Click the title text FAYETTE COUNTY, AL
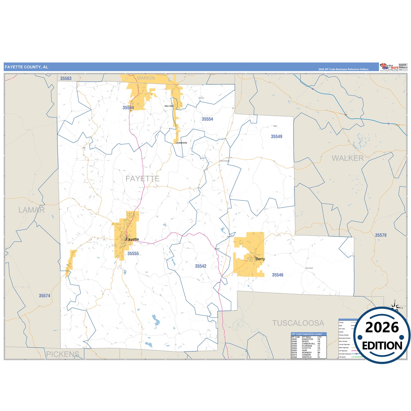tap(26, 67)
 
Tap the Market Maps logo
tap(389, 67)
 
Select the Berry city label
tap(260, 259)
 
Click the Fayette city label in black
tap(132, 239)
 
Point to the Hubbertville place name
tap(182, 143)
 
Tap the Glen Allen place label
tap(169, 106)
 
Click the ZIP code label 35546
tap(277, 275)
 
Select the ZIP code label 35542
tap(201, 266)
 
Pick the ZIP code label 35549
tap(276, 137)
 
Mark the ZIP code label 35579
tap(380, 235)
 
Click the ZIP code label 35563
tap(66, 79)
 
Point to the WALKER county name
tap(348, 158)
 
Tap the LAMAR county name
tap(32, 210)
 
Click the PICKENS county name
tap(63, 354)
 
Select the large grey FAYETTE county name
tap(142, 179)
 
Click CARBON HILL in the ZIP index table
tap(308, 344)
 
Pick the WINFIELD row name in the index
tap(307, 357)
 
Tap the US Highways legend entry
tap(343, 351)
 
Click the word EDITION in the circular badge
tap(382, 346)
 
